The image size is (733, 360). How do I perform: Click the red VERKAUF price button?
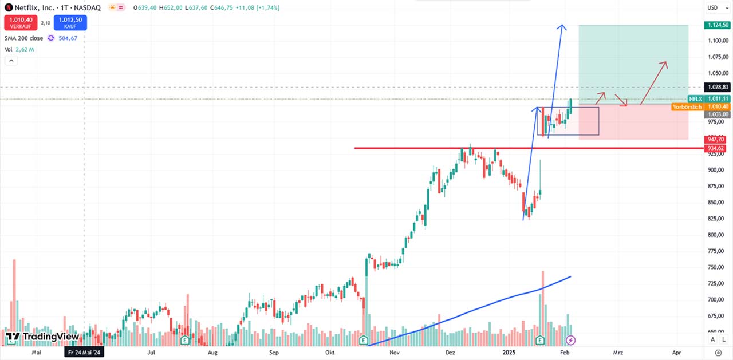tap(21, 22)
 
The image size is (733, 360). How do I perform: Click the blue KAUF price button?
tap(70, 22)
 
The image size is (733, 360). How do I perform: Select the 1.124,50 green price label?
tap(717, 25)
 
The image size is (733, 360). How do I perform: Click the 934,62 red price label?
tap(717, 148)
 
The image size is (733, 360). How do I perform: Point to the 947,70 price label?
tap(717, 139)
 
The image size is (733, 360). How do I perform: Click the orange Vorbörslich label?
tap(687, 107)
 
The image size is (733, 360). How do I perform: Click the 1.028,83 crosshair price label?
tap(717, 87)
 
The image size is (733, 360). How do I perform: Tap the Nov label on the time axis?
tap(394, 353)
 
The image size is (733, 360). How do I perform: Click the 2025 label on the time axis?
tap(509, 353)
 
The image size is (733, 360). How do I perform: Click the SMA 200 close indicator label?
tap(23, 38)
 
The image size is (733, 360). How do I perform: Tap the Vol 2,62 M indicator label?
tap(19, 50)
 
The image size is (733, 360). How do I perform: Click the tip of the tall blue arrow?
tap(562, 25)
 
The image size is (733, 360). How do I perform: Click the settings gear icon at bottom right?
tap(718, 353)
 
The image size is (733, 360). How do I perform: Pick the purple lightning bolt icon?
tap(570, 341)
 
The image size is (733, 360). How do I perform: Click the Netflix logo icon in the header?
tap(8, 8)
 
